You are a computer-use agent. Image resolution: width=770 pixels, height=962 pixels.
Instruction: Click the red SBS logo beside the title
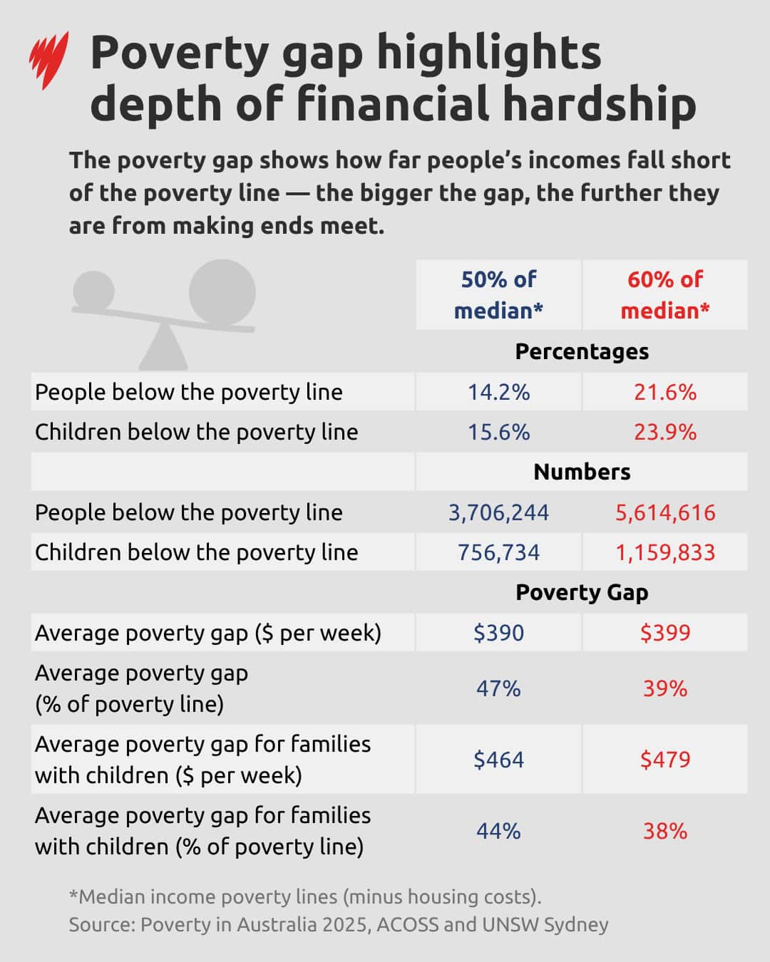coord(48,60)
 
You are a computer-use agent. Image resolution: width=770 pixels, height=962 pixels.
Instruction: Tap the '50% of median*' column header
coord(498,294)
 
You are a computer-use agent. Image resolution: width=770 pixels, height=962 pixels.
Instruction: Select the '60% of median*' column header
coord(664,294)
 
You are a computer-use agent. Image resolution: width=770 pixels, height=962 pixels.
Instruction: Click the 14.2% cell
coord(498,392)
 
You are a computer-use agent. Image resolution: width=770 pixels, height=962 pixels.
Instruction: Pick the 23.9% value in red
coord(664,432)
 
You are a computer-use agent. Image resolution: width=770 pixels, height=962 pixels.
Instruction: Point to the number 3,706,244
coord(498,512)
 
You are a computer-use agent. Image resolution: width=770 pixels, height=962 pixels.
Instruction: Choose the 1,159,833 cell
coord(664,552)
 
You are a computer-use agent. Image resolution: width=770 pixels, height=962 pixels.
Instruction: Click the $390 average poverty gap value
coord(498,633)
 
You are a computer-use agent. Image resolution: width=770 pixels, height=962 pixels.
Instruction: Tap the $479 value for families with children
coord(664,760)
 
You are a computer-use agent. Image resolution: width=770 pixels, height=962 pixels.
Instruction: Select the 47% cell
coord(498,688)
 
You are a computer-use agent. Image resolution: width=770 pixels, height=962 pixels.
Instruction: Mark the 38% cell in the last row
coord(664,831)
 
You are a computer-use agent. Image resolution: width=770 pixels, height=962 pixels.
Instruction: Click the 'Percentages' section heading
coord(582,351)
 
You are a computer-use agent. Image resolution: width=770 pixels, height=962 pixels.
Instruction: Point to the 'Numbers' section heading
coord(582,472)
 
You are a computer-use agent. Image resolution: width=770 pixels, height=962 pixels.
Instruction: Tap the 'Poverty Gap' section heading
coord(582,592)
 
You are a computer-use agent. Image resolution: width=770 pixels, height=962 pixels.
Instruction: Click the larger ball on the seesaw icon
coord(222,292)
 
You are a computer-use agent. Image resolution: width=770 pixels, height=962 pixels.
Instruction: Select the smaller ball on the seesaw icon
coord(93,291)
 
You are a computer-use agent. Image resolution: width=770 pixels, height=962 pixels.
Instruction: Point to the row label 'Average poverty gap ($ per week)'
coord(207,633)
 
